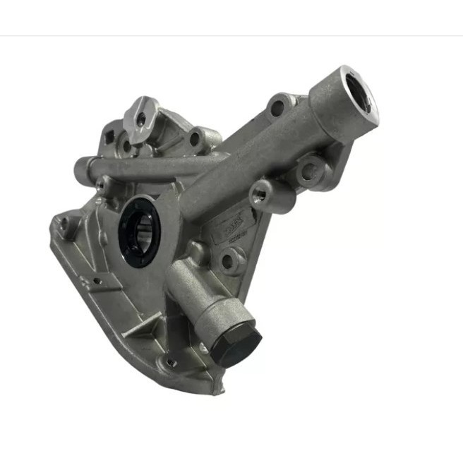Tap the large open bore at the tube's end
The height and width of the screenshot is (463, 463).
tap(360, 95)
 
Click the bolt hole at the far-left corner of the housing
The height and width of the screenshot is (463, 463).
tap(63, 225)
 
